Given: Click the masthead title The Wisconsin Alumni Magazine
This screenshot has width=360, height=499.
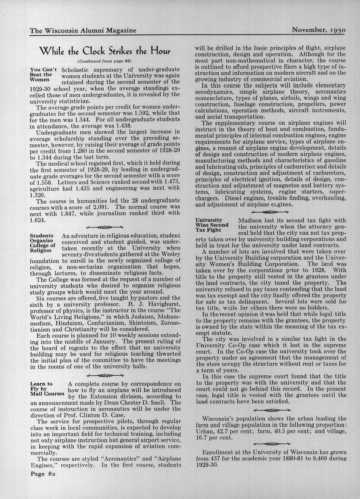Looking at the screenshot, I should (x=83, y=30).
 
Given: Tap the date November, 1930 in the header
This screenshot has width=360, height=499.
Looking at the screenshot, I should (x=318, y=30).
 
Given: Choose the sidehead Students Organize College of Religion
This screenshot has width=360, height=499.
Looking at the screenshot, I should (x=42, y=243).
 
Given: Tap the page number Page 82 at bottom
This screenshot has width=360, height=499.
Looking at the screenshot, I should (x=42, y=474).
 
